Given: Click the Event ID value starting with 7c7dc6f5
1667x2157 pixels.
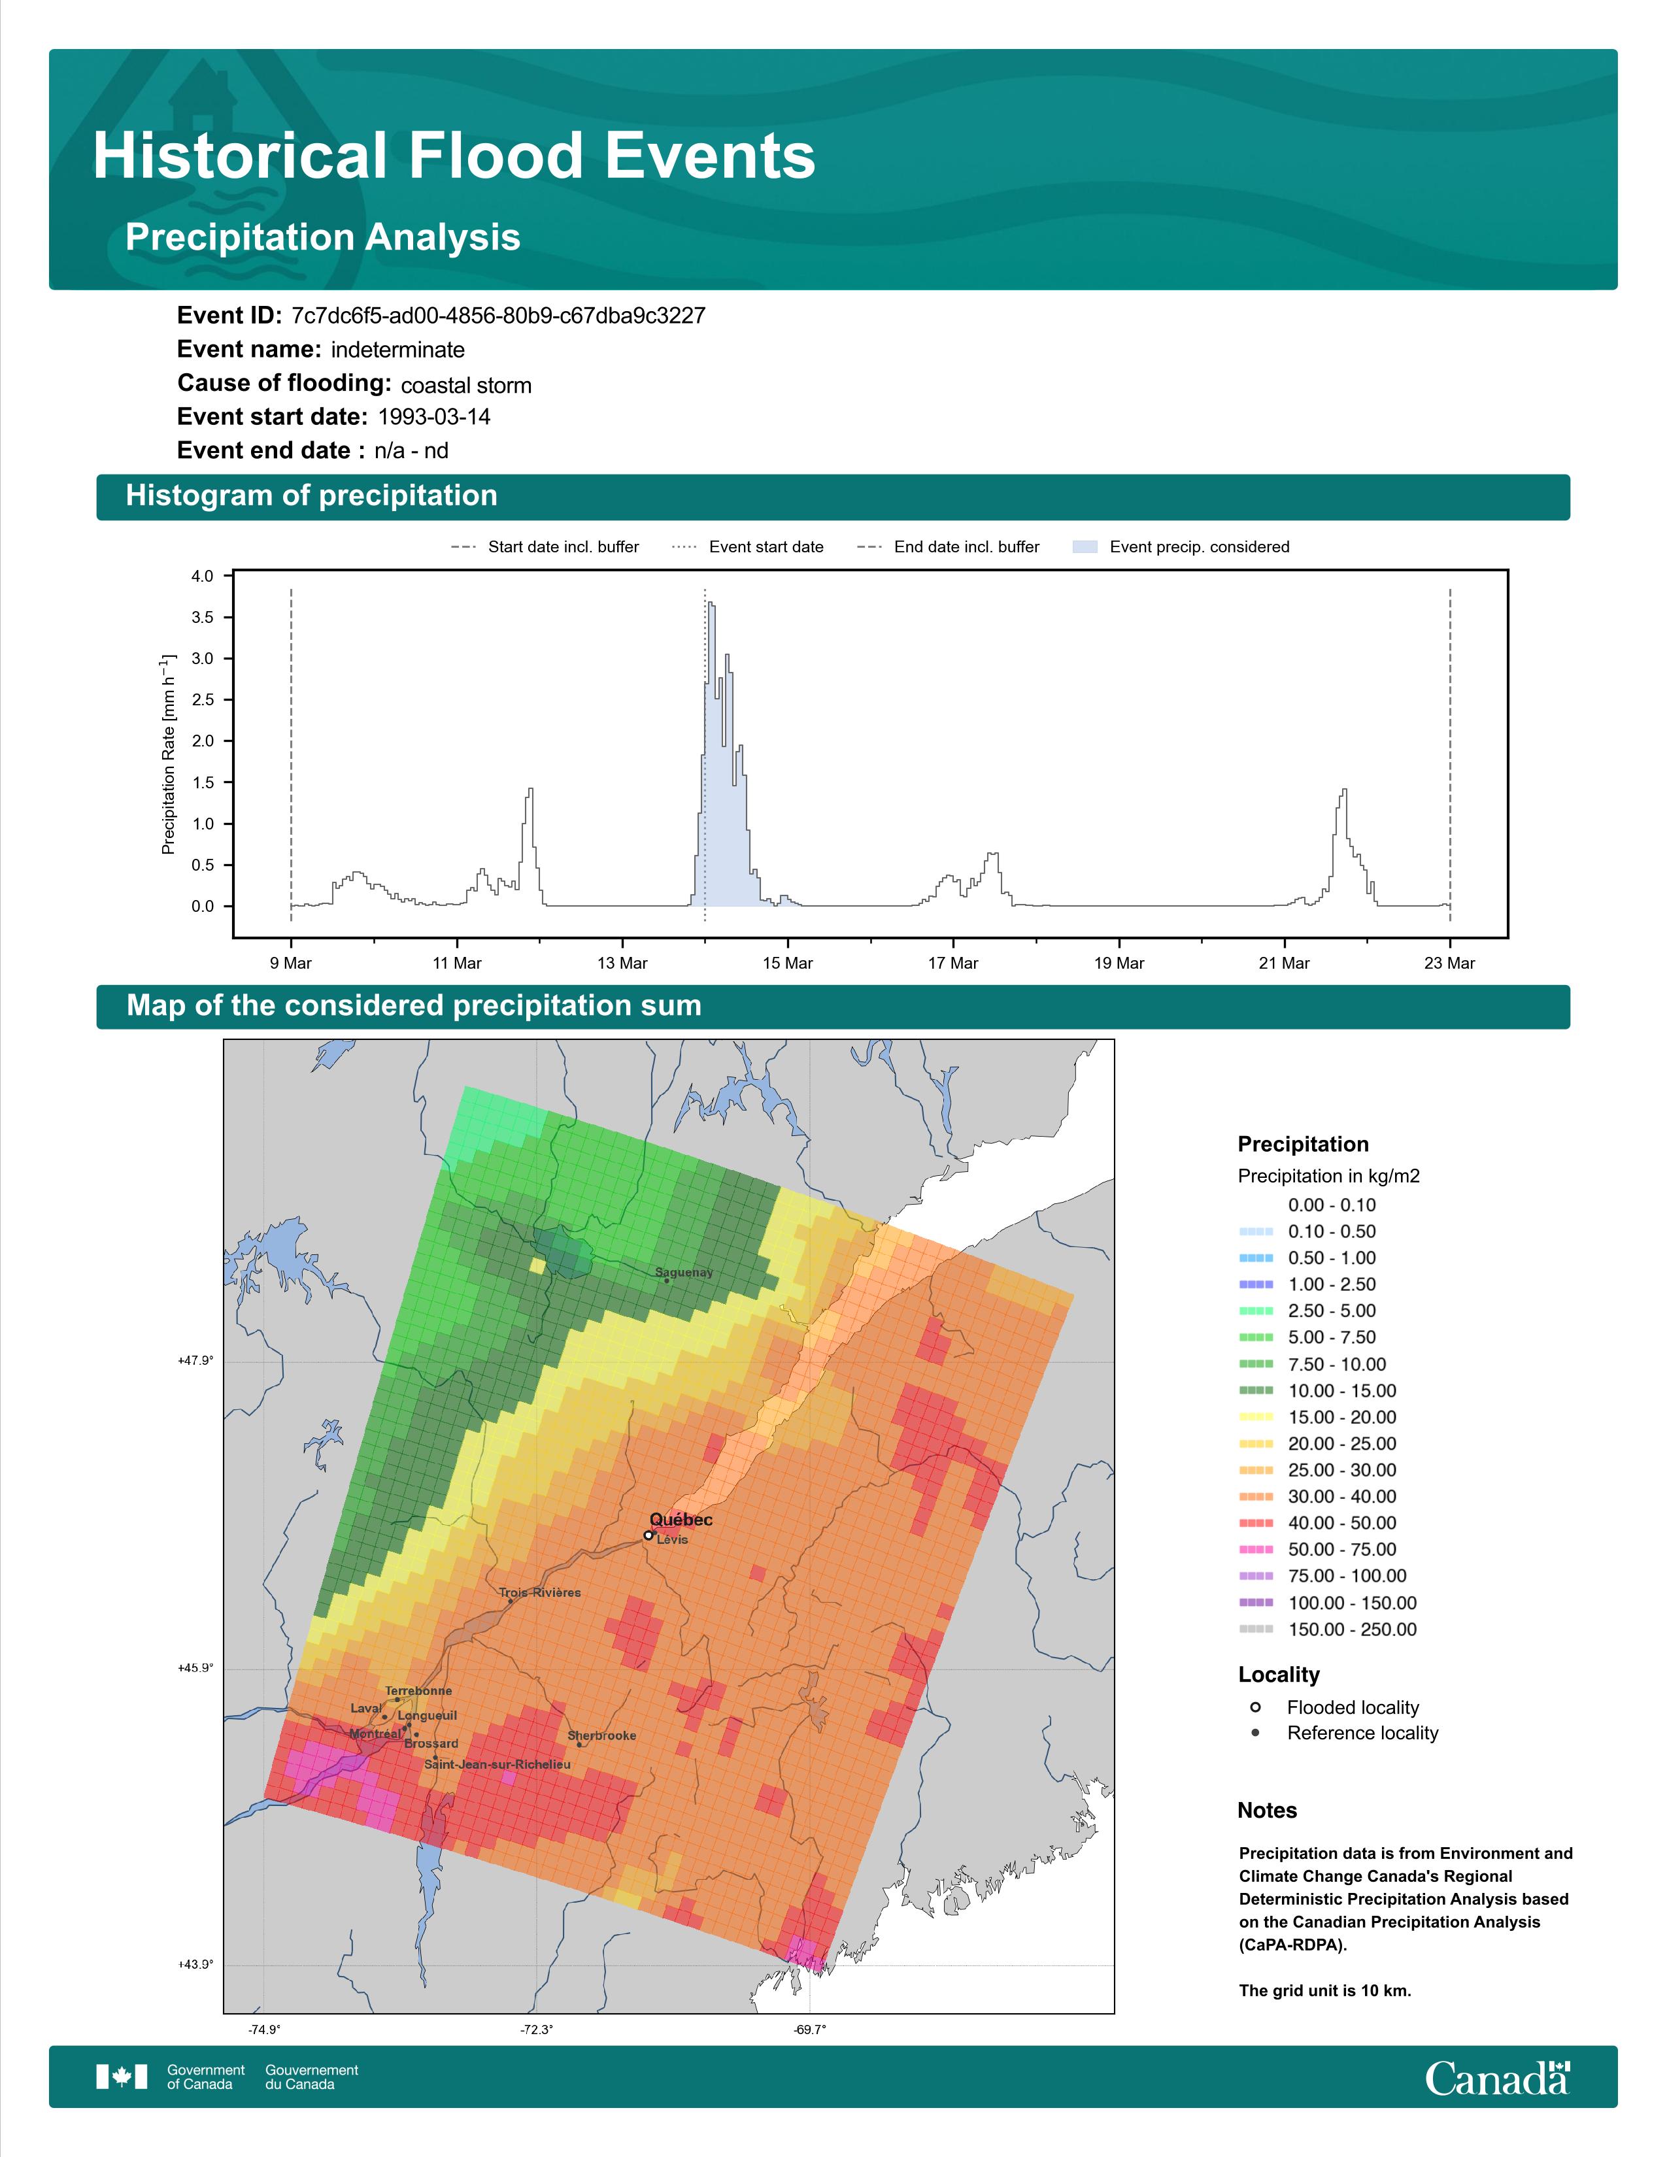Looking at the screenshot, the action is coord(499,316).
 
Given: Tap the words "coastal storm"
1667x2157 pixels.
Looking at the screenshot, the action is coord(466,385).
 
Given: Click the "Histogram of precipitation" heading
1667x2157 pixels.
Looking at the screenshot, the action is coord(311,496).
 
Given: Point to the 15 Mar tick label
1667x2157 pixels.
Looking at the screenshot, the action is coord(787,963).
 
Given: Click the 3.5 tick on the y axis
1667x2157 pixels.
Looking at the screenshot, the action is coord(203,617).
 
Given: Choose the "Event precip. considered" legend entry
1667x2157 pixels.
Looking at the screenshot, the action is coord(1181,547).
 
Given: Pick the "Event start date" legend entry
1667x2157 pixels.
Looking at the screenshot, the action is coord(748,547).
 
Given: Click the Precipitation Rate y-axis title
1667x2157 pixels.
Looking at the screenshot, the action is coord(168,754).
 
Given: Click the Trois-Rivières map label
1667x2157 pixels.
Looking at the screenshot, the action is coord(539,1593).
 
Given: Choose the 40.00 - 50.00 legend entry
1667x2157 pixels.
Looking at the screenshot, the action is coord(1317,1524).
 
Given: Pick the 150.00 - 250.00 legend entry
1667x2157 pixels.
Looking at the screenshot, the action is coord(1327,1630).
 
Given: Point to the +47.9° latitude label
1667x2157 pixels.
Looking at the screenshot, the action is coord(195,1361).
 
